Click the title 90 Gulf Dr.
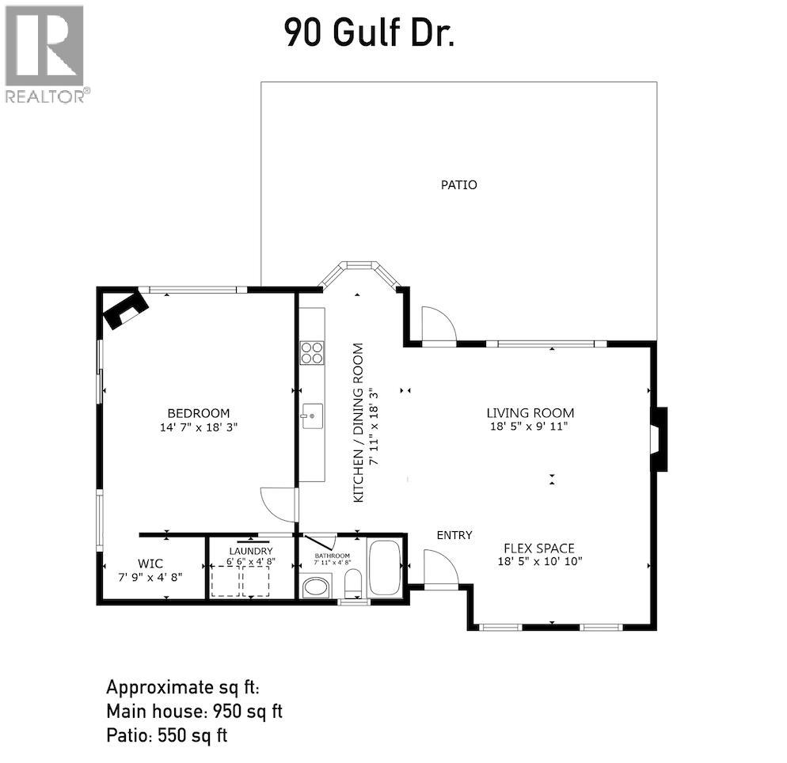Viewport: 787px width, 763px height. (x=370, y=32)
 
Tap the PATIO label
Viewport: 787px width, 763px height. (x=458, y=185)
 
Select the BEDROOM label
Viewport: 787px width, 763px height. (x=198, y=413)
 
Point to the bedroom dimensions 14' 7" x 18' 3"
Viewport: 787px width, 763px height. (x=198, y=427)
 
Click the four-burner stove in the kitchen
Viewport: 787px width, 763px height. (x=312, y=353)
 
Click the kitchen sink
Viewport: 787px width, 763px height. (x=312, y=416)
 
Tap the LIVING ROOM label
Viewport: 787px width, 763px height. (x=530, y=413)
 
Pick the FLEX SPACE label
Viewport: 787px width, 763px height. (x=539, y=549)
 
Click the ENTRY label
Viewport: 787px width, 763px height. (x=454, y=535)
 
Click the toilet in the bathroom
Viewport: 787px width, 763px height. (x=353, y=583)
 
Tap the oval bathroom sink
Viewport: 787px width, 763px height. (x=316, y=587)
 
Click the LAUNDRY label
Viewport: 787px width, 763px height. (x=250, y=552)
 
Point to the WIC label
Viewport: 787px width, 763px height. (x=150, y=564)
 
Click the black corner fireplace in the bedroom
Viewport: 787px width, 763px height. (x=125, y=309)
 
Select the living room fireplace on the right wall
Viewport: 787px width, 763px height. (x=659, y=439)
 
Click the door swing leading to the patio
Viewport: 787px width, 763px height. (x=438, y=324)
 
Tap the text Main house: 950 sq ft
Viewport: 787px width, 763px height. (x=194, y=712)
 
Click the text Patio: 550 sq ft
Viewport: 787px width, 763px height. (x=166, y=736)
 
